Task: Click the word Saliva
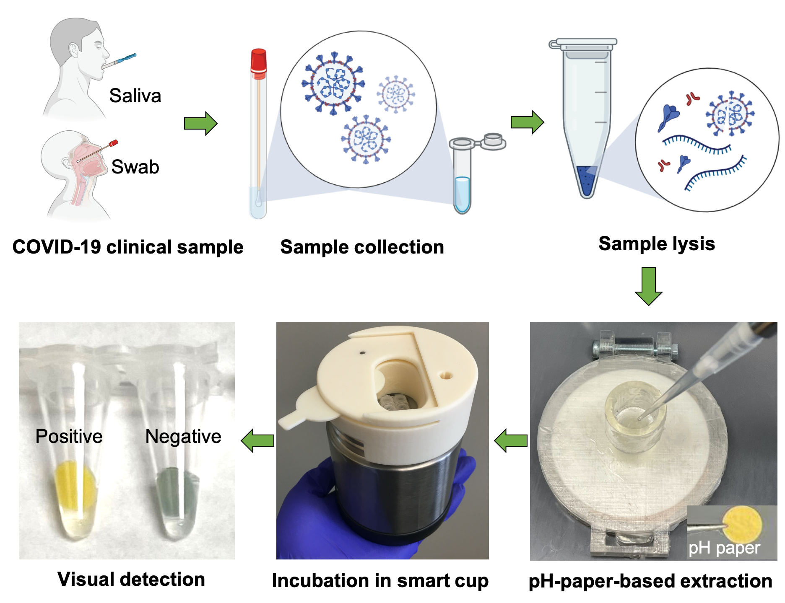(135, 96)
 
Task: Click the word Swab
(135, 167)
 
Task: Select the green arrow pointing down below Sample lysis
(649, 286)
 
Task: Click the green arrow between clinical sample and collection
(201, 124)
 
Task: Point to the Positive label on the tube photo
(69, 437)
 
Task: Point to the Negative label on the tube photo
(183, 437)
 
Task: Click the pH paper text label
(724, 548)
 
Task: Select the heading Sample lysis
(657, 244)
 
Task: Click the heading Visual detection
(131, 580)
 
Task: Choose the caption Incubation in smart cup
(380, 581)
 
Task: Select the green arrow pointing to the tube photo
(258, 440)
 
